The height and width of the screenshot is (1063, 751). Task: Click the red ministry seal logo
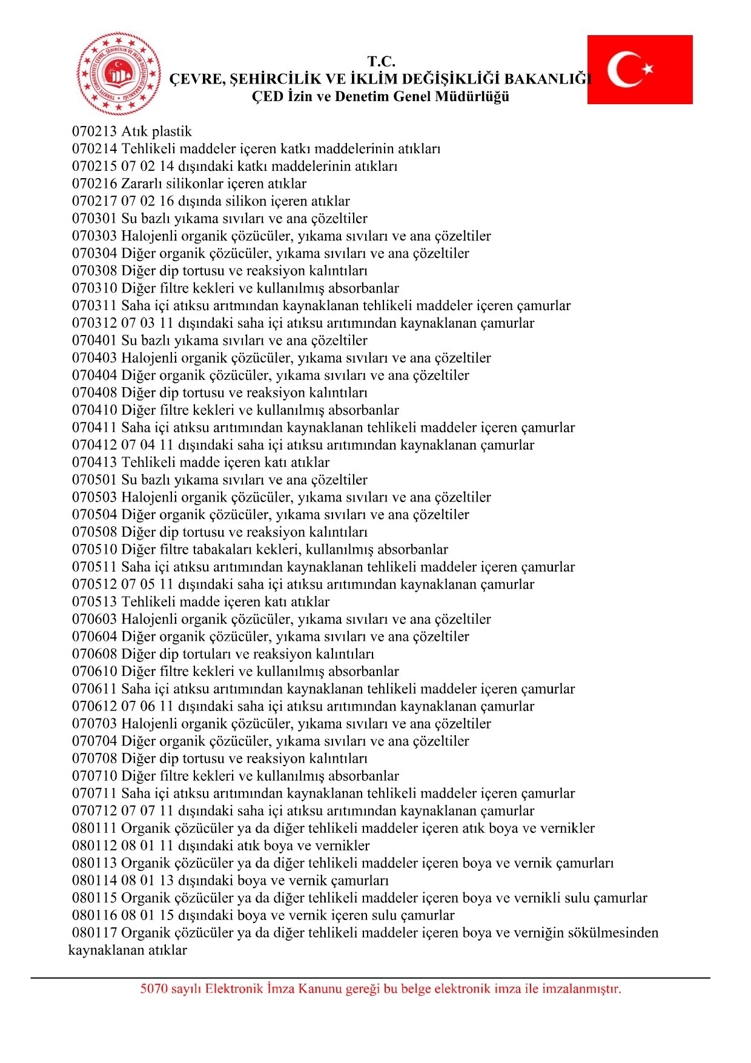[x=119, y=73]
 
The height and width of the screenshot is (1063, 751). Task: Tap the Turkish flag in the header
[x=640, y=70]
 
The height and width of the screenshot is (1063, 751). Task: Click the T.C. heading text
[x=381, y=62]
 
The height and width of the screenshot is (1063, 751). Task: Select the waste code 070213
[x=94, y=131]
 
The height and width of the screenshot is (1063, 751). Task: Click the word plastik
[x=172, y=131]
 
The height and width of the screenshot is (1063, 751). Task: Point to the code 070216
[x=94, y=184]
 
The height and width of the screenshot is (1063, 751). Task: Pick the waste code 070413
[x=94, y=462]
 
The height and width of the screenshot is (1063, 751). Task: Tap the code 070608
[x=94, y=654]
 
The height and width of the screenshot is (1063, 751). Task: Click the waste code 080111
[x=94, y=828]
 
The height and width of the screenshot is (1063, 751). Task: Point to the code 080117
[x=94, y=933]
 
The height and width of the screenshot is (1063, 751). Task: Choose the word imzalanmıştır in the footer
[x=581, y=989]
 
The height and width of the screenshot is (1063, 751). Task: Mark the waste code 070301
[x=94, y=219]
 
